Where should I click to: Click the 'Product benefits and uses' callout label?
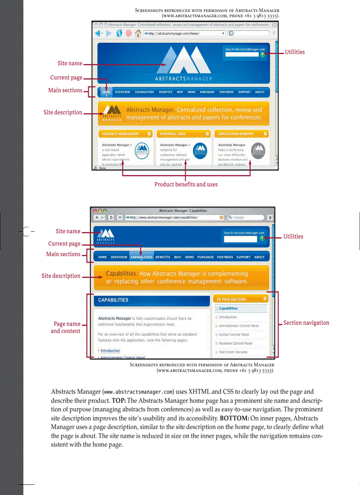[x=186, y=184]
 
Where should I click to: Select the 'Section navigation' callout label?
[x=306, y=323]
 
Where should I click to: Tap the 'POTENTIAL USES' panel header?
[x=173, y=134]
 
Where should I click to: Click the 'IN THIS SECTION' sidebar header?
[x=231, y=299]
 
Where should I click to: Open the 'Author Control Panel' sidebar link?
[x=234, y=335]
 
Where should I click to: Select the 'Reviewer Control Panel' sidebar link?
[x=236, y=343]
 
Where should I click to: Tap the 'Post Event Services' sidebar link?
[x=233, y=352]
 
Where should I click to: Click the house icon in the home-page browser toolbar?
[x=138, y=33]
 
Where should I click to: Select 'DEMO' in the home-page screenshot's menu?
[x=191, y=92]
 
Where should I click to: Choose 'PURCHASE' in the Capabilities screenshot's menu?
[x=205, y=257]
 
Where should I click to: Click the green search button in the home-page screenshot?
[x=262, y=55]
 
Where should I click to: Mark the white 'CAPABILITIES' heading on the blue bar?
[x=113, y=300]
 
